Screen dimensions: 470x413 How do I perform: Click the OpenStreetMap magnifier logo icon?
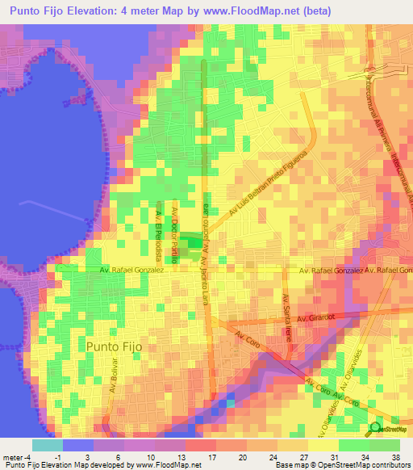(x=375, y=428)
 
